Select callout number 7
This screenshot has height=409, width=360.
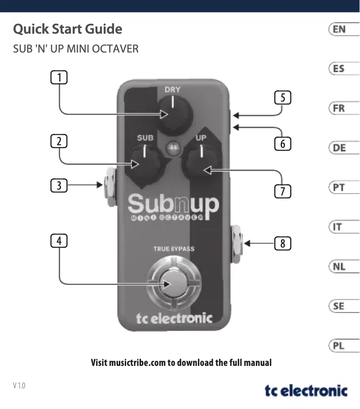pos(282,191)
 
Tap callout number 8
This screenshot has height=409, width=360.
pos(282,244)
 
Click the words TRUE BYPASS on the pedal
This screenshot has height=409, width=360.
pos(174,248)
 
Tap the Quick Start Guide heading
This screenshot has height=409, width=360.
pos(68,29)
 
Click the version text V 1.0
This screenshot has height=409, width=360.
pos(19,385)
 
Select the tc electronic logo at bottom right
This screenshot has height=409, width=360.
pos(306,390)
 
